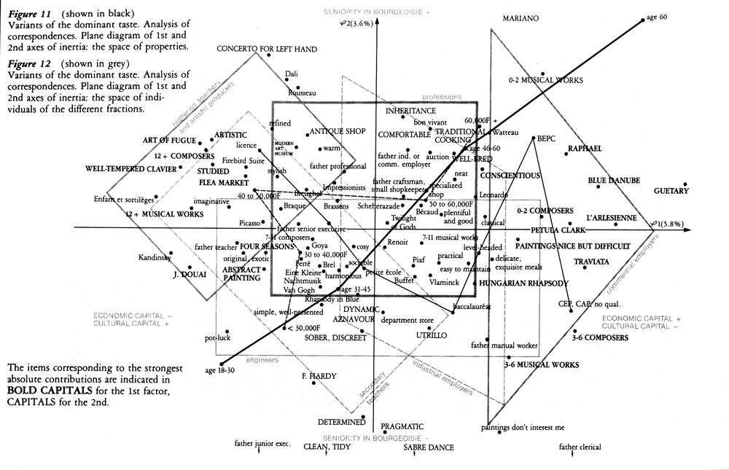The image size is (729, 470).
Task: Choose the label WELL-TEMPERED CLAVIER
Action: pos(131,169)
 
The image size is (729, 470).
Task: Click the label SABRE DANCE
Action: pos(429,447)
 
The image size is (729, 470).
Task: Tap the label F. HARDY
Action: pos(319,376)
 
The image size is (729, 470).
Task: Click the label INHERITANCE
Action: pos(411,111)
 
